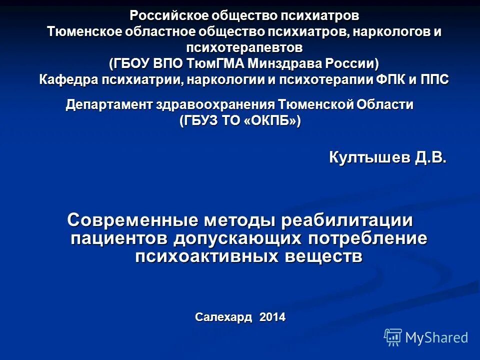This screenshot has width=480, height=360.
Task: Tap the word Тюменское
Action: (82, 31)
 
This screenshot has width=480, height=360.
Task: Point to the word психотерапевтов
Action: (244, 47)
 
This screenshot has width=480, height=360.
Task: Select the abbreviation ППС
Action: (433, 79)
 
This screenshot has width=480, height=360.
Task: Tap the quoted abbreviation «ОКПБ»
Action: (270, 121)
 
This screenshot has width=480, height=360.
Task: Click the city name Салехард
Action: (223, 316)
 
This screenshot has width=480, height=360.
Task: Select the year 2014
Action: (272, 316)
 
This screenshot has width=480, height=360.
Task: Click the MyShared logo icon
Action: (393, 337)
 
